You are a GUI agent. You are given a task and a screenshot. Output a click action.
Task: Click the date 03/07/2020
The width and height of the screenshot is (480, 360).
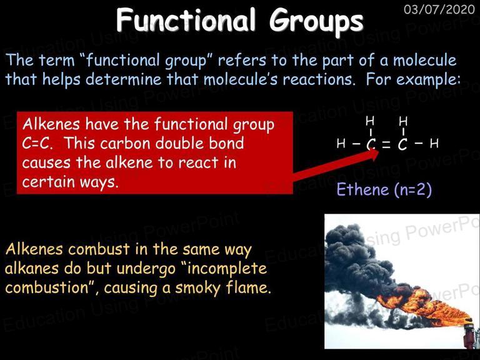point(439,9)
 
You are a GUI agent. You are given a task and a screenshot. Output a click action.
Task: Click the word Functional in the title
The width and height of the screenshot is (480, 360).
point(186,20)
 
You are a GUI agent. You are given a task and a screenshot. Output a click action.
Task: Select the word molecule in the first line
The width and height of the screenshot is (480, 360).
point(424,60)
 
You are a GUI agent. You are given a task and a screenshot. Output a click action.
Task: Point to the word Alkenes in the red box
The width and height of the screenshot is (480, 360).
point(51,124)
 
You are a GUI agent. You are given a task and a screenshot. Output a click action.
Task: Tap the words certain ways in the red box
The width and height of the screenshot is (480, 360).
point(70,182)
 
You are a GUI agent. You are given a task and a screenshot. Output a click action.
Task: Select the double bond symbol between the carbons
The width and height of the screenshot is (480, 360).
point(386,144)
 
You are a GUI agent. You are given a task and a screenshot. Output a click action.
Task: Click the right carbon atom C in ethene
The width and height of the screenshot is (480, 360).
point(403,144)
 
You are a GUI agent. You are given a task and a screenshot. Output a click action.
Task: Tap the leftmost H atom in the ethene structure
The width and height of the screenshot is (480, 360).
point(341,143)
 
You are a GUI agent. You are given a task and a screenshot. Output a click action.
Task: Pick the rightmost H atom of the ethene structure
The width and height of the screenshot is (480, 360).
point(434,143)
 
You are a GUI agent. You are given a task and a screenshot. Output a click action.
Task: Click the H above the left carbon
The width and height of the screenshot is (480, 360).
point(370,121)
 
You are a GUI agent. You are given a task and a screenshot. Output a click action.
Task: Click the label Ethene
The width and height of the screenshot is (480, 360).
point(362,189)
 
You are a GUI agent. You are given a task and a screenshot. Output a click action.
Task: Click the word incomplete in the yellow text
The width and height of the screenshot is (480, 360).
point(227,269)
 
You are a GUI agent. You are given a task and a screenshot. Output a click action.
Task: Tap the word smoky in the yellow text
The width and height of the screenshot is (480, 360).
point(197,288)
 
